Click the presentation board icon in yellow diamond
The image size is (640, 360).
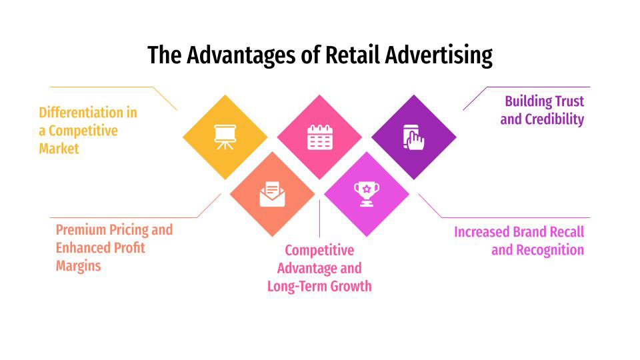(225, 137)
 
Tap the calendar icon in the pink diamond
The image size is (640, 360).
(319, 137)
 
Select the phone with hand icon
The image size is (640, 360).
(413, 137)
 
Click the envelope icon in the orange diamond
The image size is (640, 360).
(272, 194)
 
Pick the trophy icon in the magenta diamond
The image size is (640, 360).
(367, 194)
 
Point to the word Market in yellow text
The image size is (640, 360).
(59, 149)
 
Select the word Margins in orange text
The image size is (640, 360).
(78, 266)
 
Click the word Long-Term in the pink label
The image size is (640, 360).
(297, 287)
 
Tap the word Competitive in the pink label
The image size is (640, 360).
(319, 251)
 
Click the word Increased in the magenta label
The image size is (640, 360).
(481, 232)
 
